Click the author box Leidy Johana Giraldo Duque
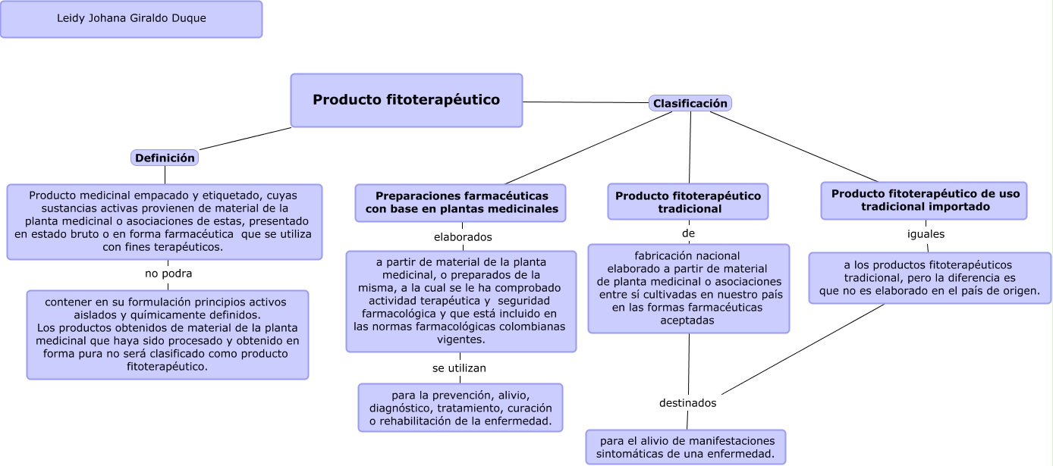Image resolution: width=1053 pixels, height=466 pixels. click(131, 19)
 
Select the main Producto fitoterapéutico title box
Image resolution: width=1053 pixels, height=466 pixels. click(407, 100)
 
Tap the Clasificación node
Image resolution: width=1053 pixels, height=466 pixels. click(690, 103)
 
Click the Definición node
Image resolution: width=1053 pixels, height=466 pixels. click(165, 158)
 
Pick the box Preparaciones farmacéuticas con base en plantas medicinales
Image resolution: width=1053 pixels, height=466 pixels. click(460, 202)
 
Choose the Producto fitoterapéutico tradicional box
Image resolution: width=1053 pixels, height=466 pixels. click(688, 202)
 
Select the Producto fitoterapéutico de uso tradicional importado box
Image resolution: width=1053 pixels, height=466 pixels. click(924, 200)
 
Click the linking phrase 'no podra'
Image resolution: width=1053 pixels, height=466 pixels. click(168, 274)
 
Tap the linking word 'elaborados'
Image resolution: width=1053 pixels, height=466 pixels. click(463, 237)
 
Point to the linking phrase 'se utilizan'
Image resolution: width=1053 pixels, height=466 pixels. click(459, 368)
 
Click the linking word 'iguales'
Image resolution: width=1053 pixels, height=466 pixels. click(926, 234)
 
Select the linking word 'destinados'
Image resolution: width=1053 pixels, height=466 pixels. click(687, 403)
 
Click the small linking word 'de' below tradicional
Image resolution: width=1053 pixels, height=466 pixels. click(688, 233)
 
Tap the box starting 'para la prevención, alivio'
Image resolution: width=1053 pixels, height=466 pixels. click(460, 408)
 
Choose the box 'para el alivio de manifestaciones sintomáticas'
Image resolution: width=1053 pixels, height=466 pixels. click(686, 447)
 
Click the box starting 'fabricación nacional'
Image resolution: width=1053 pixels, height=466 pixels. click(688, 288)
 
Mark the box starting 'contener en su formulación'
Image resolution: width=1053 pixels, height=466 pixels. click(168, 334)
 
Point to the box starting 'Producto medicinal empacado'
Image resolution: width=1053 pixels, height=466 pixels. click(165, 221)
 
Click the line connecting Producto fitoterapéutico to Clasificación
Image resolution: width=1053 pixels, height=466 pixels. click(584, 102)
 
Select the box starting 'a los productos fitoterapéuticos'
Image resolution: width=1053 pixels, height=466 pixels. click(929, 278)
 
